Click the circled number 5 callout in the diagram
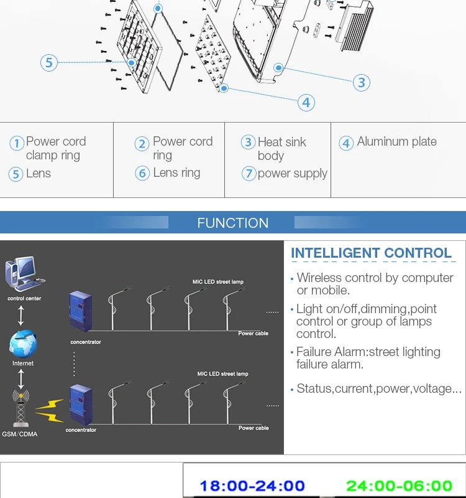pos(49,62)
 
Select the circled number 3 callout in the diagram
pos(362,82)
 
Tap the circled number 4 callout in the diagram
pos(306,102)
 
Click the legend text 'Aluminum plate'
pos(396,142)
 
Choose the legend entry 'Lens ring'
pos(176,173)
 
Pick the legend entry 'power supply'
pos(292,174)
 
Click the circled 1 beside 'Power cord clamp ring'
pos(17,143)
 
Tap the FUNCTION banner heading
pos(232,223)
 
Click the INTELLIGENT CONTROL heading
pos(371,253)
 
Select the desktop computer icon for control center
pos(24,275)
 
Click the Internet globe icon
pos(23,344)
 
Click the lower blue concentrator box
pos(81,403)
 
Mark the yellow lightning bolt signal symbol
pos(50,408)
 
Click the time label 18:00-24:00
pos(252,486)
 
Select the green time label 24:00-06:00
pos(399,486)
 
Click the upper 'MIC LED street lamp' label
pos(217,282)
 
